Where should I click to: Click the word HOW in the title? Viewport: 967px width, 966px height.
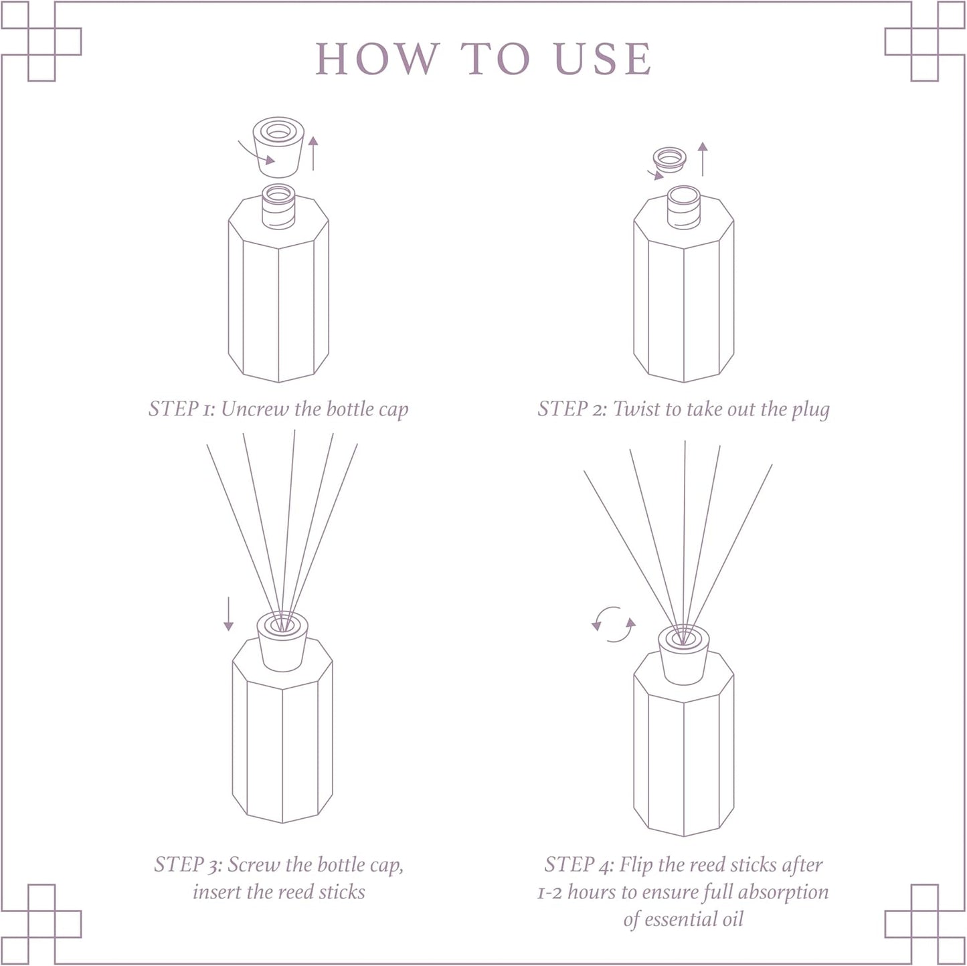click(376, 59)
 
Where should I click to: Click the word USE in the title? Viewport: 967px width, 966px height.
click(603, 59)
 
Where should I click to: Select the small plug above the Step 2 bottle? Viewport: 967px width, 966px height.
click(670, 159)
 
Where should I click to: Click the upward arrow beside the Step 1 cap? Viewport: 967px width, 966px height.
click(313, 153)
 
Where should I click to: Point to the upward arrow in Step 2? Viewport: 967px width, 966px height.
click(702, 159)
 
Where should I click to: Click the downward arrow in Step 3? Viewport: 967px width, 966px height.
click(228, 614)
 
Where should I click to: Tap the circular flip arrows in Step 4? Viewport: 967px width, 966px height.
click(614, 624)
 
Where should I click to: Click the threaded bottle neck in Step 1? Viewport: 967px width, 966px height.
click(278, 205)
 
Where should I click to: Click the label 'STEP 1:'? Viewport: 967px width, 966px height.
click(183, 409)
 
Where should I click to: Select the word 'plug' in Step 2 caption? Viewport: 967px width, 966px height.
click(810, 409)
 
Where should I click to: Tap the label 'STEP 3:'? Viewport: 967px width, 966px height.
click(188, 864)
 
